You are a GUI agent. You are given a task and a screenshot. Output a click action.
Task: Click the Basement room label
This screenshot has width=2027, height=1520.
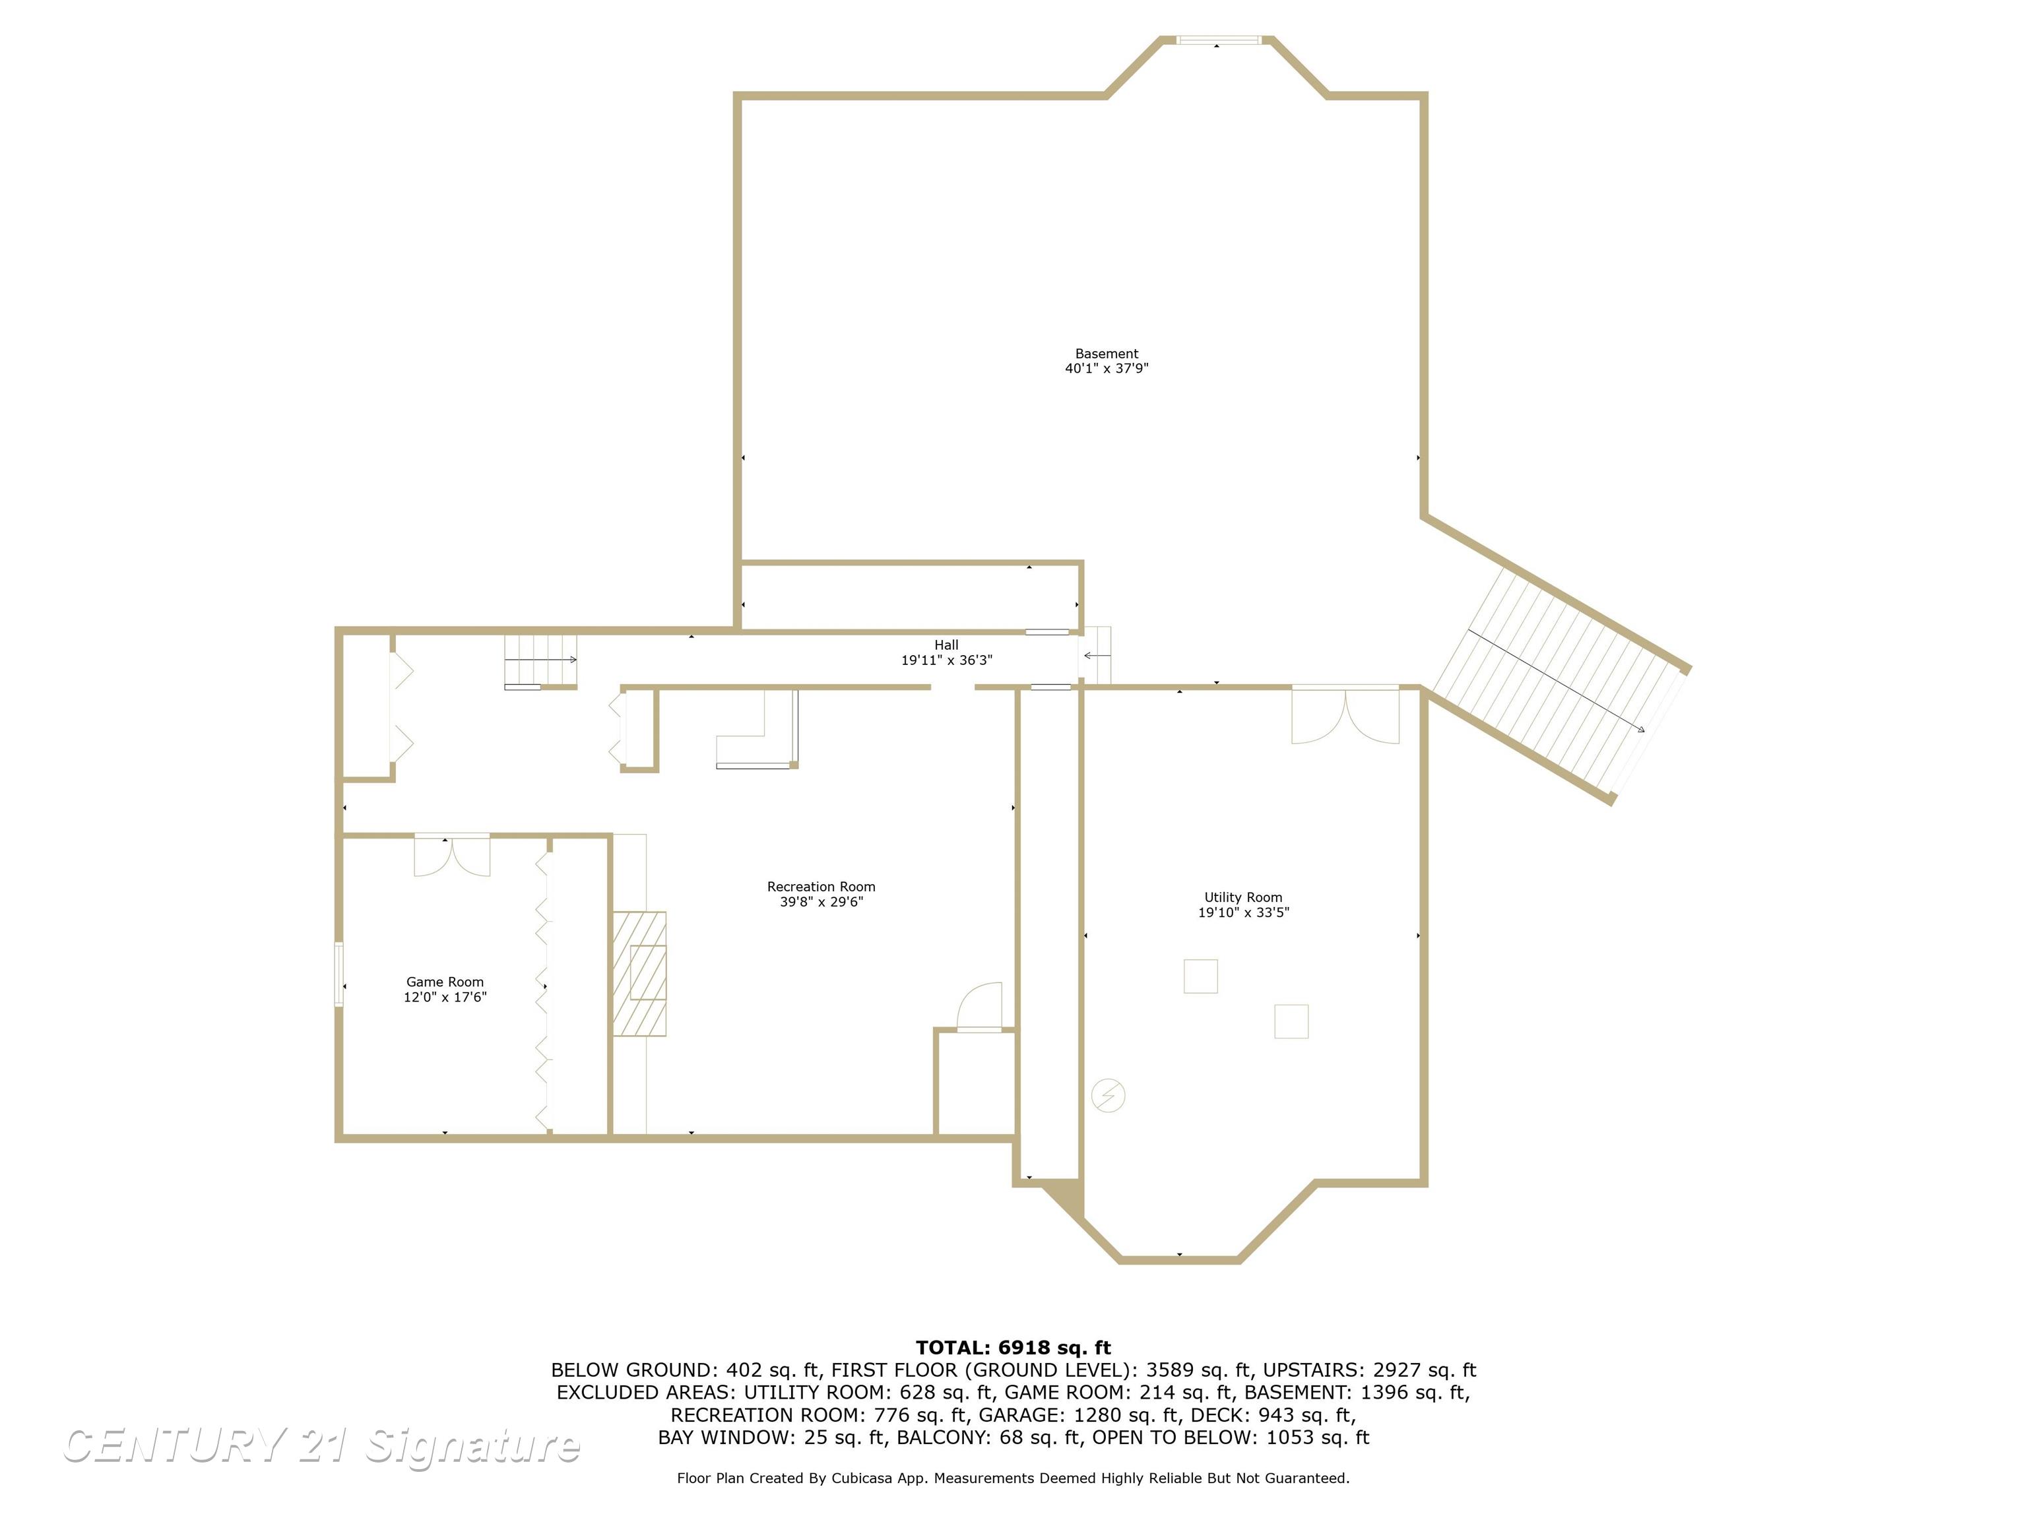coord(1106,354)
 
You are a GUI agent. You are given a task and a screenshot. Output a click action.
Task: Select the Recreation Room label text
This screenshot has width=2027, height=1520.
coord(821,887)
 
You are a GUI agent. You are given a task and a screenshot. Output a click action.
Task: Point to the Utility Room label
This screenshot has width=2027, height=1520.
coord(1242,898)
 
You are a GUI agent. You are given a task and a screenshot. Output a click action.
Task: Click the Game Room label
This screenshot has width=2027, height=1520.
coord(445,982)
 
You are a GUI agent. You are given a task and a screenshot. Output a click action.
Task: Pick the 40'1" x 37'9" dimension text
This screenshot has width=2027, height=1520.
coord(1106,368)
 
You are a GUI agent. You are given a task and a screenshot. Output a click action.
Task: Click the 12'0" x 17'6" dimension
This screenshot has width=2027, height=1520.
coord(445,997)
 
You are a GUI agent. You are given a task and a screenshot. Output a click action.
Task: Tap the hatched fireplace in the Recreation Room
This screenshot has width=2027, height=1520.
coord(639,973)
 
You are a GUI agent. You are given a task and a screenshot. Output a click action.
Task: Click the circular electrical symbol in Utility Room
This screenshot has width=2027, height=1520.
coord(1108,1095)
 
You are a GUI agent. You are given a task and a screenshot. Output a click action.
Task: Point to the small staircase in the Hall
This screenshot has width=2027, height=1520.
coord(540,660)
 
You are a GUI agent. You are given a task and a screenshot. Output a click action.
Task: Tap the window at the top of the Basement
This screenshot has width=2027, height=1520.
coord(1219,40)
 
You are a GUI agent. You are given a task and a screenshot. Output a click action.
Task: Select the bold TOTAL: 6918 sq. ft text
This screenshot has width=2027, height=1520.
coord(1013,1348)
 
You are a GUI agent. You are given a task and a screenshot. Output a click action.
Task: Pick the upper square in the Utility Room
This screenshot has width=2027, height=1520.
coord(1200,976)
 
